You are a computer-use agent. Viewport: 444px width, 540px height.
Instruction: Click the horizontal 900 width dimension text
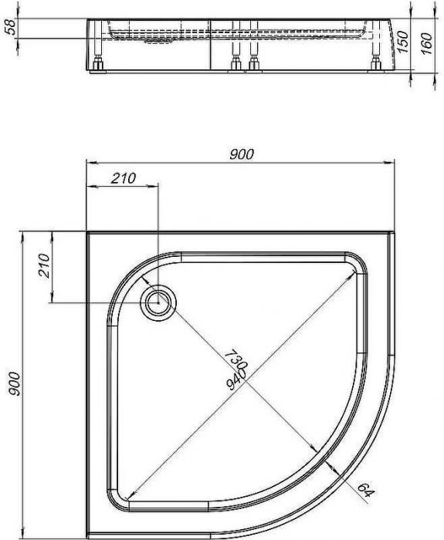pos(242,154)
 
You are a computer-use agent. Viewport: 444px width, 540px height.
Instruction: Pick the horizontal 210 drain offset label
pos(123,178)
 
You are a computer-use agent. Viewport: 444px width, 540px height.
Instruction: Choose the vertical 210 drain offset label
pos(43,266)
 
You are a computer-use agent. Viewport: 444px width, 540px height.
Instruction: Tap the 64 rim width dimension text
pos(362,488)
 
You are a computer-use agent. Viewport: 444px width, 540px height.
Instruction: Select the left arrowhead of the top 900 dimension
pos(90,163)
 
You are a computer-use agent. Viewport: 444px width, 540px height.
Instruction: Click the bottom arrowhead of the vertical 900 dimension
pos(24,532)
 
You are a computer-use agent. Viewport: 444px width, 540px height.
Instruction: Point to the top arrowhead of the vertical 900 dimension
pos(24,235)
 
